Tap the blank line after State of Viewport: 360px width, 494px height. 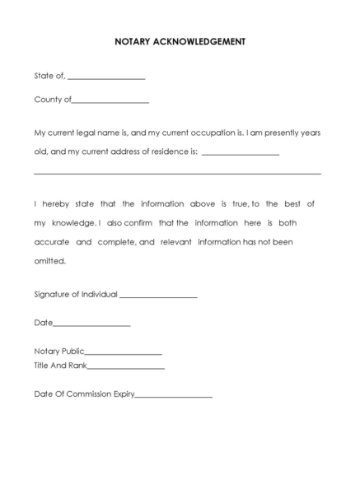coord(106,78)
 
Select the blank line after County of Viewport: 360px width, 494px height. coord(110,102)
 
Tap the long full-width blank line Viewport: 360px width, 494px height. coord(177,174)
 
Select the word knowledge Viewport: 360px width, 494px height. coord(72,223)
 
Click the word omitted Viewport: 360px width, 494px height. coord(49,262)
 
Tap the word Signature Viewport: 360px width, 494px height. coord(54,294)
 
